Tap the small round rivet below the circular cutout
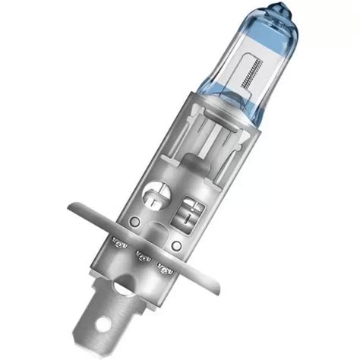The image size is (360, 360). pos(134,221)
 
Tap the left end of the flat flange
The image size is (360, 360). pos(70,207)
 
